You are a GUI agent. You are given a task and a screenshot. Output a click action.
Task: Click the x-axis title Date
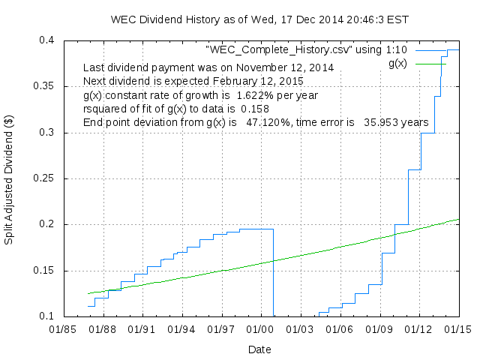click(259, 349)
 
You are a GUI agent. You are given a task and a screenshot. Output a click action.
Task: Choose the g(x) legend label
click(397, 64)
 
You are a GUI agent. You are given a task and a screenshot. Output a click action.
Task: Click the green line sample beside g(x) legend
click(431, 64)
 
